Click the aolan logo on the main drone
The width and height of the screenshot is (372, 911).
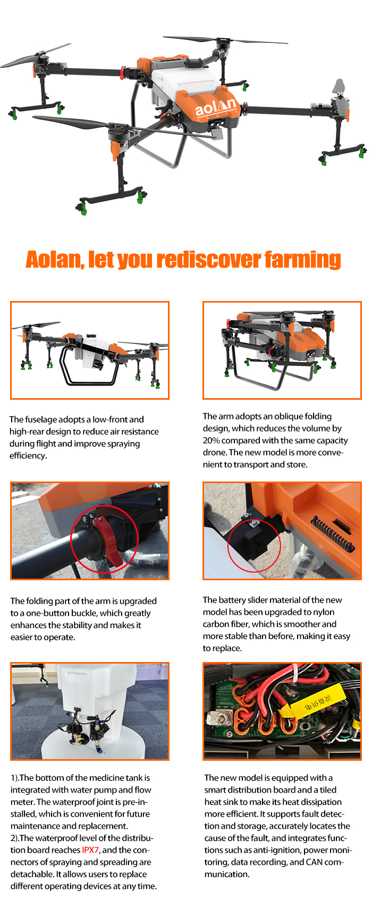216,108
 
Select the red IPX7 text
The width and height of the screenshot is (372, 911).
90,850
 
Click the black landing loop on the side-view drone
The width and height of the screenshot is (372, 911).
88,367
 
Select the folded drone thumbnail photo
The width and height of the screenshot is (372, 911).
282,350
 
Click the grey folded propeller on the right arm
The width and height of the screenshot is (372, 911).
338,88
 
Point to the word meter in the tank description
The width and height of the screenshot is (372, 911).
21,802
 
